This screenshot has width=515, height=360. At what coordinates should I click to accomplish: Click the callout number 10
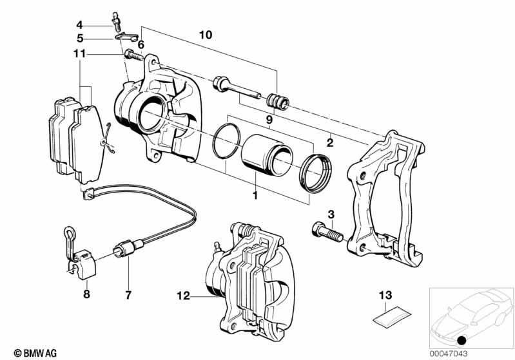pos(206,35)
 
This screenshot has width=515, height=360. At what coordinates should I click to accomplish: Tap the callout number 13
pos(385,295)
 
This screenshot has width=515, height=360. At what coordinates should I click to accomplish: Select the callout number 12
pos(183,296)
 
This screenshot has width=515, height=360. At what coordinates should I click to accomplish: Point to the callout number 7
pos(128,295)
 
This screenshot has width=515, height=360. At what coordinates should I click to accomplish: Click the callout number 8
pos(86,294)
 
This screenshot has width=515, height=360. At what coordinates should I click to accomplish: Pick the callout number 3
pos(331,214)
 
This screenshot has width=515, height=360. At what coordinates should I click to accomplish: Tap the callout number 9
pos(269,120)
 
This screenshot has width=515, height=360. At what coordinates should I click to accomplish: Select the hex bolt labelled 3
pos(327,232)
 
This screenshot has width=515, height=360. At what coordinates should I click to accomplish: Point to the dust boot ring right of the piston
pos(315,173)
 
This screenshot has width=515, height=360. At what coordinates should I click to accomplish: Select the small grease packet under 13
pos(392,316)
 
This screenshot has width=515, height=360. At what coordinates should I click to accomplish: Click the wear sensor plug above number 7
pos(128,248)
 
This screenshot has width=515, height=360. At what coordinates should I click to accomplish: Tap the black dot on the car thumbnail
pos(462,341)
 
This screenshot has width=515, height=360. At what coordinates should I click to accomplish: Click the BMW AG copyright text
pos(35,353)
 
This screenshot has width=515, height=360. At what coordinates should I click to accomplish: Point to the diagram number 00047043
pos(449,354)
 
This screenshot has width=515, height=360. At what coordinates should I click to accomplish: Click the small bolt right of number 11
pos(134,55)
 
